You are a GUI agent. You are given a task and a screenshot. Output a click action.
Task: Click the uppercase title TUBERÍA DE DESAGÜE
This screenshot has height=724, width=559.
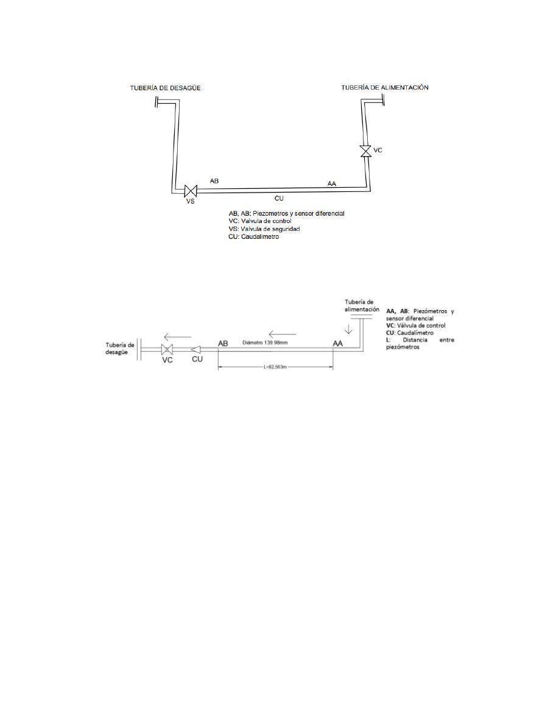pos(165,88)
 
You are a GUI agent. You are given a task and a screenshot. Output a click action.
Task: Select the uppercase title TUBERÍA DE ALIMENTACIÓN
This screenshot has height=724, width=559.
pos(385,87)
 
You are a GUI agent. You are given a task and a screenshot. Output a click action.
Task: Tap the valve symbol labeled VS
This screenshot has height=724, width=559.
pos(191,190)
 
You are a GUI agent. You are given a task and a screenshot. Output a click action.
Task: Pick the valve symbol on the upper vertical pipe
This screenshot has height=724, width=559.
pos(366,151)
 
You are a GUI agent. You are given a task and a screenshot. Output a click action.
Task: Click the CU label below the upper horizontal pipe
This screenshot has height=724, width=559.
pos(279,198)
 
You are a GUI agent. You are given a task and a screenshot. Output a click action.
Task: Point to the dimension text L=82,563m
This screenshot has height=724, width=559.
pos(275,367)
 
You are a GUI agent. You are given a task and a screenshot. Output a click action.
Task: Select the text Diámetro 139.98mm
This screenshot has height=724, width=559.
pos(265,342)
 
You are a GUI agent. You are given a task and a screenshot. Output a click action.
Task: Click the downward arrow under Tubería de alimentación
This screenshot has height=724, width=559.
pos(349,328)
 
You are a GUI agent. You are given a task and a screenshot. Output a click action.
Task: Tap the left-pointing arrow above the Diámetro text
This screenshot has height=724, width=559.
pos(283,334)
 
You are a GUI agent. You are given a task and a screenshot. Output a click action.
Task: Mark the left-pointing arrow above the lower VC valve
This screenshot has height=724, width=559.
pos(178,337)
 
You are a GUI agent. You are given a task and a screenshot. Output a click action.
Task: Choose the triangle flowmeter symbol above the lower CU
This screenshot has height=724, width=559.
pos(195,349)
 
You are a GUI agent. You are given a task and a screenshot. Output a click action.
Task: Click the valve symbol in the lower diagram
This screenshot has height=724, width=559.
pos(167,349)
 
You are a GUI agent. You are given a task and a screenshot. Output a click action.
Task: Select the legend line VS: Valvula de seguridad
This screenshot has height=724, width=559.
pos(264,229)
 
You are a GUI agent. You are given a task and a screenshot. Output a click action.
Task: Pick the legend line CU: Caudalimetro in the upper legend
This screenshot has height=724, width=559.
pos(254,237)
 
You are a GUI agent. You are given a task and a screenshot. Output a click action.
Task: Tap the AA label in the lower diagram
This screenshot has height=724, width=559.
pos(337,344)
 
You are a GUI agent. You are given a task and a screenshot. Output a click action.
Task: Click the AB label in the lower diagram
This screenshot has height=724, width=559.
pos(223,344)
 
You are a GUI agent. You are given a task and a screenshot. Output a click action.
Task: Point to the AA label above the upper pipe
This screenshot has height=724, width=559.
pos(332,183)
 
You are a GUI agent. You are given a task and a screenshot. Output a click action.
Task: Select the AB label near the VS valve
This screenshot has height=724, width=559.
pos(214,181)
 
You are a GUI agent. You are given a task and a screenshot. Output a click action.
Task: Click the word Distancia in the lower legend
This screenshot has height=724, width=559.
pos(415,340)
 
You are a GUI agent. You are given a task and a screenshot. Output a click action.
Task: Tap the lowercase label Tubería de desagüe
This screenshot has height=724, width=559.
pos(119,349)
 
